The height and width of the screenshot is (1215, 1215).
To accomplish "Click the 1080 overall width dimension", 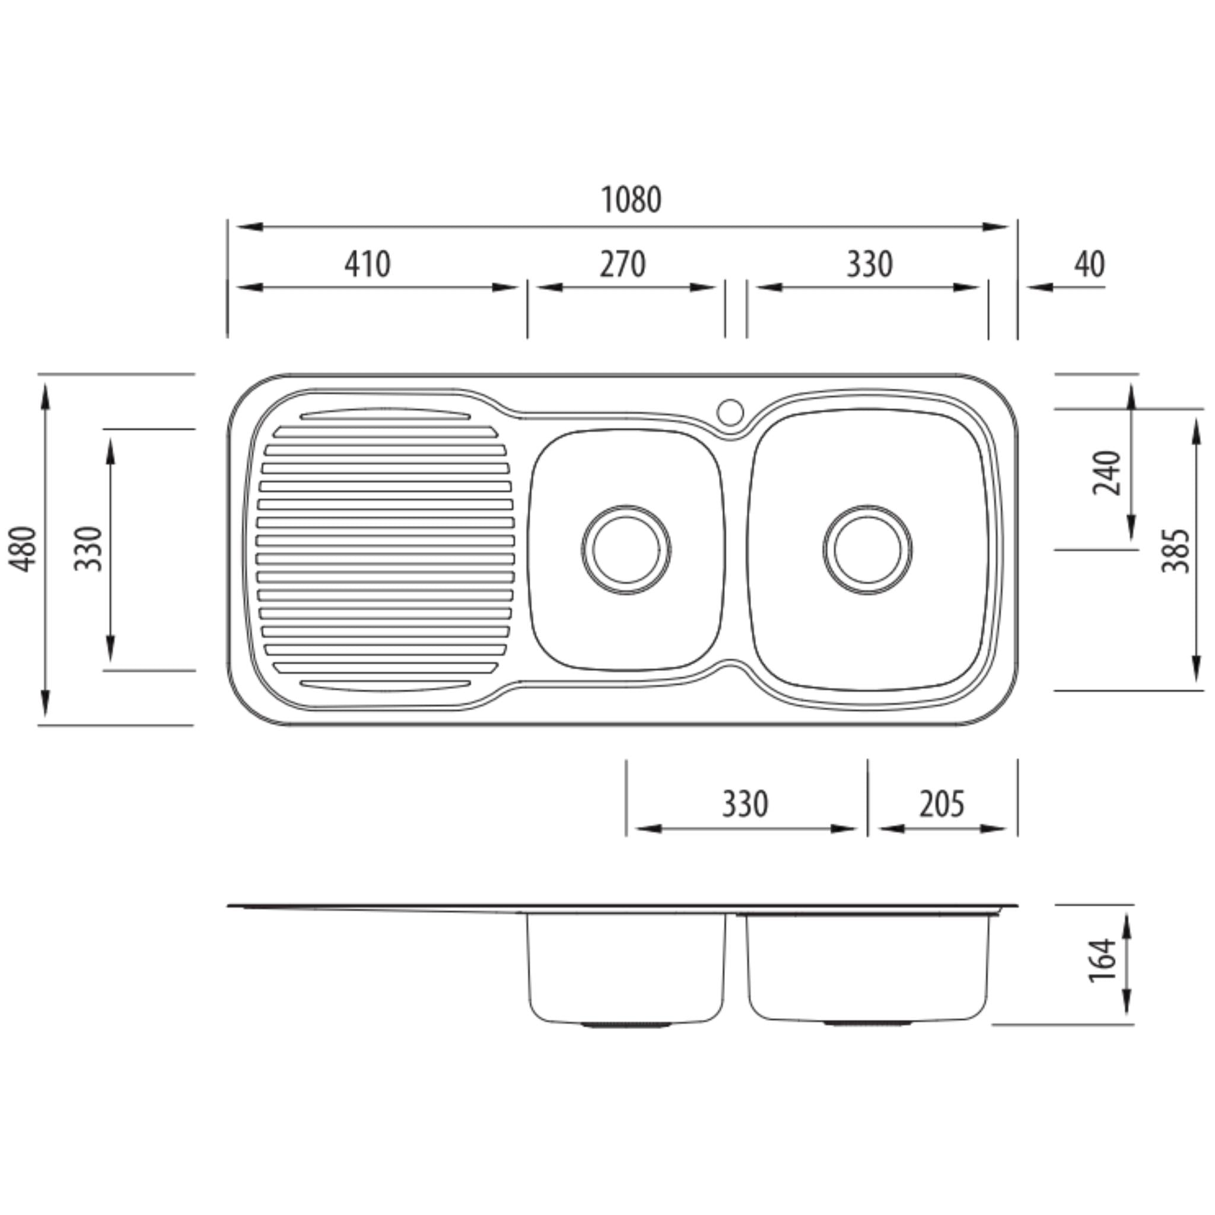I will tap(631, 200).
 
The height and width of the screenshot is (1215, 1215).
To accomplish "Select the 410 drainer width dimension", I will tap(367, 264).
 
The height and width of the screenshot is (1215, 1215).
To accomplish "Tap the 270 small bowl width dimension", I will tap(622, 264).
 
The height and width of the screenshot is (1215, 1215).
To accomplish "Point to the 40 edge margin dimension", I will tap(1089, 264).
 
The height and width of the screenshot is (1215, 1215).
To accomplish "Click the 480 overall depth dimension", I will tap(24, 549).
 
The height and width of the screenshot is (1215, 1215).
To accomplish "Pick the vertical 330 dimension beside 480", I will tap(88, 549).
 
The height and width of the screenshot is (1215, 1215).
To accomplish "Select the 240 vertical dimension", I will tap(1108, 473).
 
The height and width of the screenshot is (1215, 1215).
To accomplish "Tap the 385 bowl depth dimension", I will tap(1175, 551).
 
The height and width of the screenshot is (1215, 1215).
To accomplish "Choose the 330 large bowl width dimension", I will tap(869, 264).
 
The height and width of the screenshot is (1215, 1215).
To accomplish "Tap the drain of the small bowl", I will tap(626, 549).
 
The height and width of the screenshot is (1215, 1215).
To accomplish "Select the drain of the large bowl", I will tap(867, 549).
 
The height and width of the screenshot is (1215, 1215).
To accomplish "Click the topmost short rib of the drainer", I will tap(386, 414).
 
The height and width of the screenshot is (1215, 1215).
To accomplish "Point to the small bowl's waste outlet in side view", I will tap(626, 1025).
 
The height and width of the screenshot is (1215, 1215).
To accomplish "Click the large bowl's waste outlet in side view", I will tap(867, 1024).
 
